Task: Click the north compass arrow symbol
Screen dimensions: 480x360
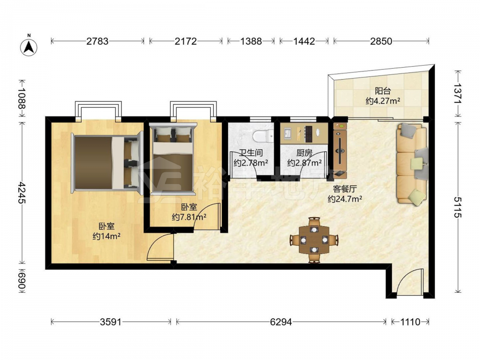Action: pyautogui.click(x=29, y=48)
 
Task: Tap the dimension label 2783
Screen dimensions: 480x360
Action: pyautogui.click(x=97, y=41)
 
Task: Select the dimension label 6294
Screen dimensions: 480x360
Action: pyautogui.click(x=281, y=322)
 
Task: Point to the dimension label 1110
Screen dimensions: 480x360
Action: pyautogui.click(x=410, y=322)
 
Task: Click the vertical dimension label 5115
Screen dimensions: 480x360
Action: pyautogui.click(x=457, y=207)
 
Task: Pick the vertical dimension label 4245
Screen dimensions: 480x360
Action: pyautogui.click(x=22, y=192)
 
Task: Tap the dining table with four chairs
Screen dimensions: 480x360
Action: pyautogui.click(x=314, y=240)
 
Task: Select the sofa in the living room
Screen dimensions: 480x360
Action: pyautogui.click(x=412, y=164)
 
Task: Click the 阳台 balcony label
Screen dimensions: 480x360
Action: pyautogui.click(x=383, y=91)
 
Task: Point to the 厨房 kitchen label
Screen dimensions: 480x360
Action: pyautogui.click(x=304, y=153)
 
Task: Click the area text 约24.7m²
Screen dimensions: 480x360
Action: pyautogui.click(x=345, y=199)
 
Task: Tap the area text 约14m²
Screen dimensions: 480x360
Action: pyautogui.click(x=106, y=236)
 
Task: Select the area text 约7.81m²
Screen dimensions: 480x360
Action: pyautogui.click(x=189, y=217)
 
